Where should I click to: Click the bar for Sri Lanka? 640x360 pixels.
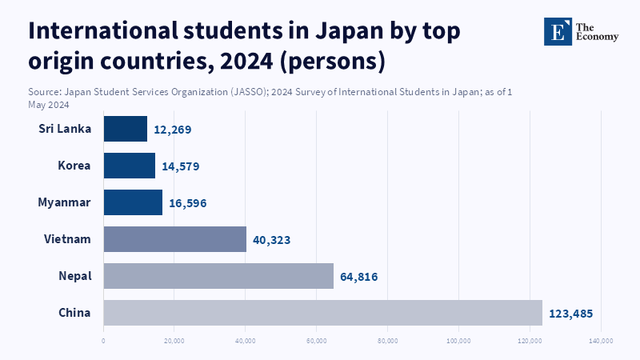point(126,129)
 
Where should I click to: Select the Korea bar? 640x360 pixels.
point(130,166)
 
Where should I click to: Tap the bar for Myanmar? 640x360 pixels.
point(133,202)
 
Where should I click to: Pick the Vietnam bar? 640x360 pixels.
point(175,239)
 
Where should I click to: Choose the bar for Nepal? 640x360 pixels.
point(218,276)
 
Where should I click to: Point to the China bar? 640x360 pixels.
point(322,313)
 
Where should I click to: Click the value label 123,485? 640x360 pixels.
point(570,314)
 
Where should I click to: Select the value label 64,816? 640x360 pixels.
point(358,277)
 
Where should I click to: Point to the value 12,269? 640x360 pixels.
point(173,130)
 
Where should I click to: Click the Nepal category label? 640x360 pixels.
point(75,276)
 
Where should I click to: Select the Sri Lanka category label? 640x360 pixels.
point(65,129)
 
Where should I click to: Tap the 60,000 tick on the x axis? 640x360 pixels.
point(317,341)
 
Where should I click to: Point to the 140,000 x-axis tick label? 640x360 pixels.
point(601,341)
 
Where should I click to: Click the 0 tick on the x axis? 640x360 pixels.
point(103,341)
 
